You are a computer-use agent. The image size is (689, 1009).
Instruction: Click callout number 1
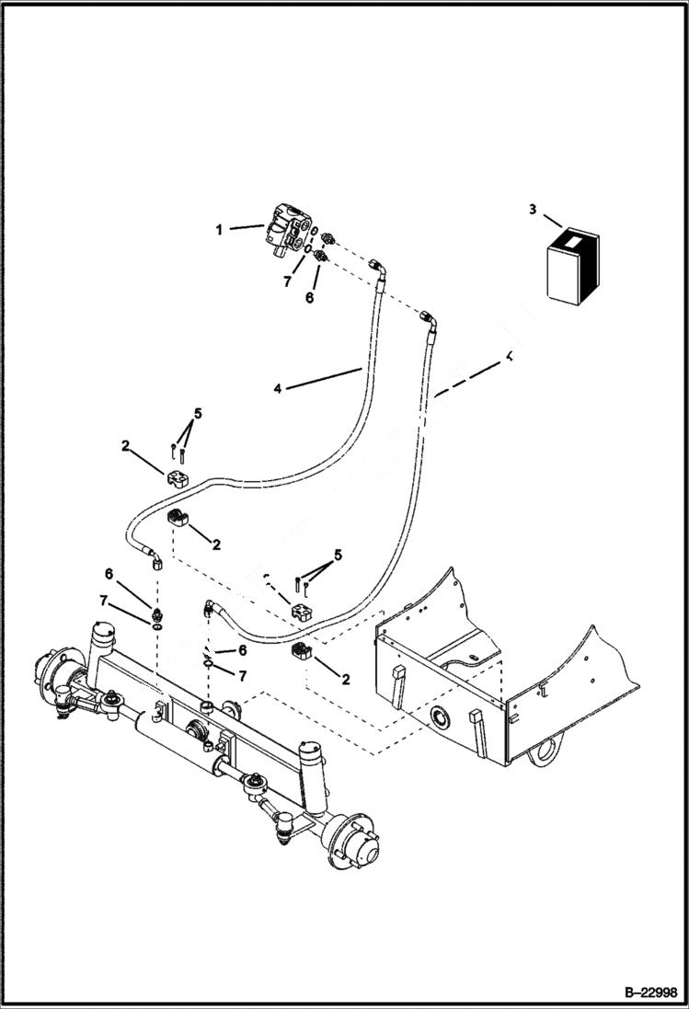pos(219,229)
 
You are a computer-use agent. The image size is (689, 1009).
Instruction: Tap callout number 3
pos(532,210)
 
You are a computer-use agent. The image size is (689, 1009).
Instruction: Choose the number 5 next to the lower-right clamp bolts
pos(339,555)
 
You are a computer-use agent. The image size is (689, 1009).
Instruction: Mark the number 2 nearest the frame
pos(346,681)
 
